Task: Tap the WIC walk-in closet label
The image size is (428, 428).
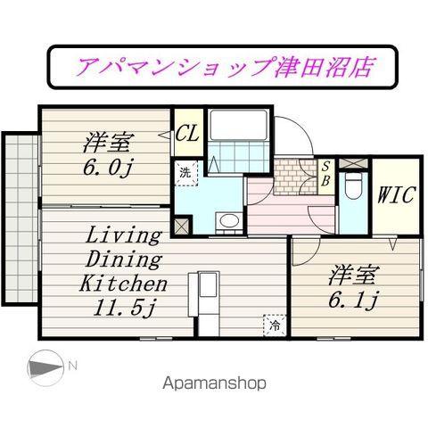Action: [392, 195]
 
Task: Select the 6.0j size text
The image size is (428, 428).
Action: [109, 167]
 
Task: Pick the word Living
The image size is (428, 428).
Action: [123, 236]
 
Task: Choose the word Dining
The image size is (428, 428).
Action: [124, 260]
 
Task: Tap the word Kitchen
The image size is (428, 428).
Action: [124, 284]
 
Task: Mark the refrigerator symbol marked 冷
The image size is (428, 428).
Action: [275, 325]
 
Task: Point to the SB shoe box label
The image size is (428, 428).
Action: [326, 171]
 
